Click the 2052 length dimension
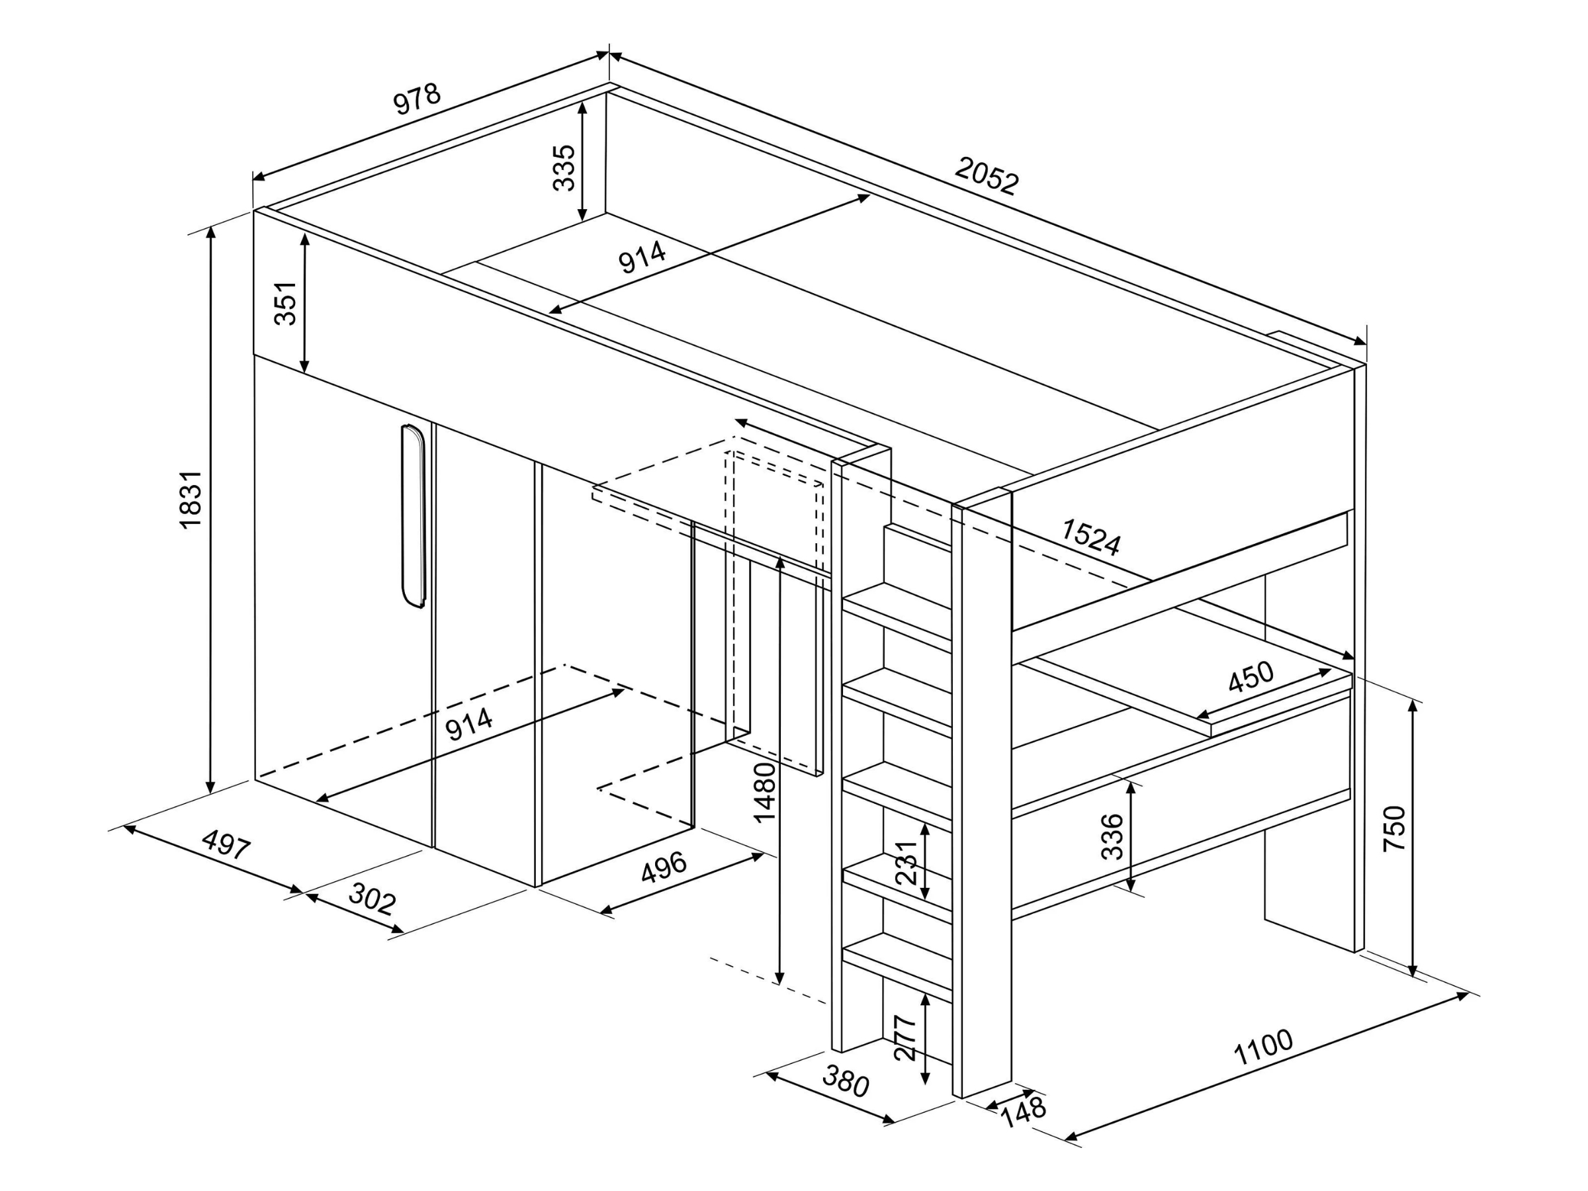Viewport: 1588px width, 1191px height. point(987,176)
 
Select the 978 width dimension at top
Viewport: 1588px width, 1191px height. point(416,99)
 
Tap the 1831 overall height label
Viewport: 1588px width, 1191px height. point(191,500)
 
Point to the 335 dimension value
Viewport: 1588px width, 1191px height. point(564,168)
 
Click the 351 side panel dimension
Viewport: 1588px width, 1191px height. point(286,304)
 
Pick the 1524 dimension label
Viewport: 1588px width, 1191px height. point(1090,537)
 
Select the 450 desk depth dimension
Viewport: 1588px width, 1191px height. point(1250,676)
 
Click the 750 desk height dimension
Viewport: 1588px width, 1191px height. point(1393,829)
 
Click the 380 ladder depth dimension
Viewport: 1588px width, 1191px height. point(846,1082)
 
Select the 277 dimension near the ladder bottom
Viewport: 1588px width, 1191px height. point(906,1038)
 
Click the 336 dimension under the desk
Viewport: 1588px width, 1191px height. point(1112,836)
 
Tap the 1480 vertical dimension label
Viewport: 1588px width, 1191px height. point(766,793)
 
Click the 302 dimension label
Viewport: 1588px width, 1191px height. point(372,899)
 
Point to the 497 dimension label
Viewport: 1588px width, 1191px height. point(226,844)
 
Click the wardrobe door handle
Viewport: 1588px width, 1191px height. point(413,516)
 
